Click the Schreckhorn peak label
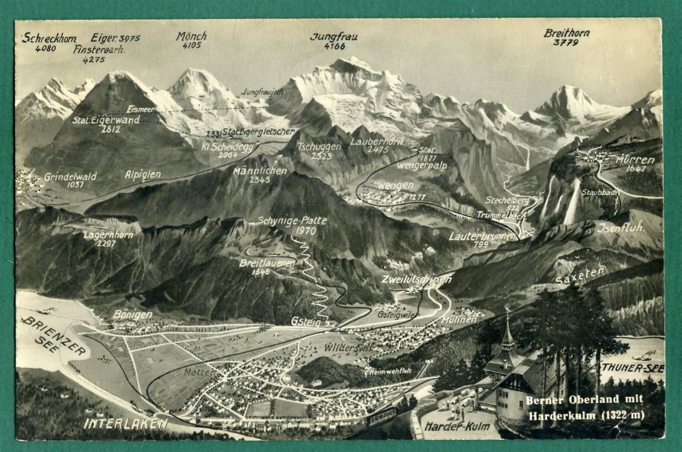[x=48, y=38]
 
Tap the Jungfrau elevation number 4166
[x=334, y=46]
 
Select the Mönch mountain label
[x=192, y=36]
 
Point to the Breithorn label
[x=567, y=33]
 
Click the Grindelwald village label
[x=70, y=176]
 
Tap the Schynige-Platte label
[x=293, y=220]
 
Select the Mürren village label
[x=635, y=160]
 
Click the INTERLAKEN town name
[x=126, y=423]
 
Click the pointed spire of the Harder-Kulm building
[x=507, y=317]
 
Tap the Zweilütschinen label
[x=416, y=279]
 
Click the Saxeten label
[x=579, y=275]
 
